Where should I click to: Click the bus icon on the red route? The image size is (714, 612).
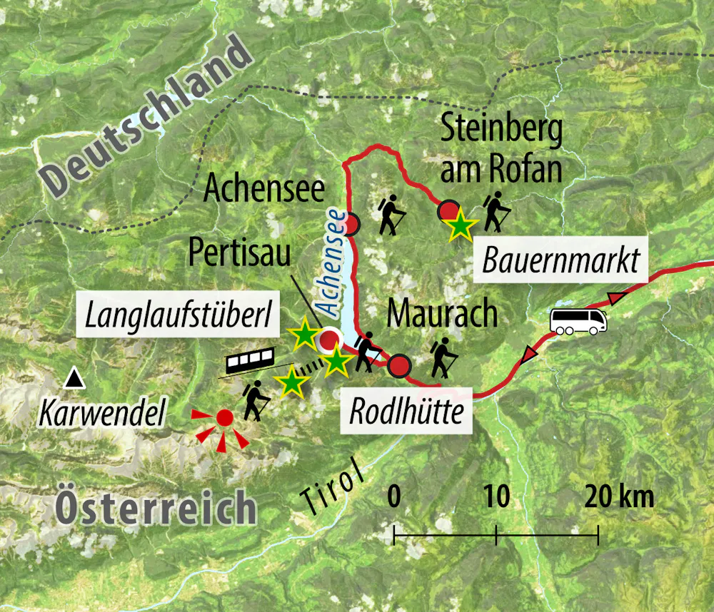pos(578,321)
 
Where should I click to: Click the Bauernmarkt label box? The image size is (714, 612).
pos(560,261)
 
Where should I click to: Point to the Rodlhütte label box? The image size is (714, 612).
pos(407,412)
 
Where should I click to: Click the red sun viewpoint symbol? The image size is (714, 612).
pos(225,419)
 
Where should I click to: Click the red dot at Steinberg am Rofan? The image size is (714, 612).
pos(448,210)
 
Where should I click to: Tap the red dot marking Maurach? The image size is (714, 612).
pos(399,367)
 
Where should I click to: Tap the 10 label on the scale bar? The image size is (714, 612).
pos(496,496)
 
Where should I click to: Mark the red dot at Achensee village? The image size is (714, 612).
pos(351,226)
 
